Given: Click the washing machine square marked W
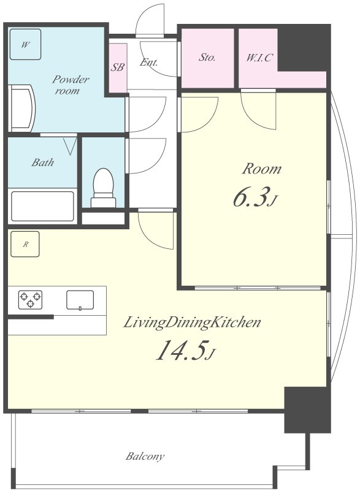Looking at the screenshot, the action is [x=25, y=44].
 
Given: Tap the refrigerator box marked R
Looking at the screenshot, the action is [x=25, y=244].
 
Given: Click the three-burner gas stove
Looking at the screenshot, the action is [x=31, y=300].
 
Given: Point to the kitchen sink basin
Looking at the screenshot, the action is [x=80, y=300].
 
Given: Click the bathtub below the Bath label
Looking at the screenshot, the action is [x=42, y=206].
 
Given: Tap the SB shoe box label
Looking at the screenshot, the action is [x=117, y=67].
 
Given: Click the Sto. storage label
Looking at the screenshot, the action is [x=207, y=57].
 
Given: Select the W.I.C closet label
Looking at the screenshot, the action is [x=259, y=58].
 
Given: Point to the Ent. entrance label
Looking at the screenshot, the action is [x=148, y=62].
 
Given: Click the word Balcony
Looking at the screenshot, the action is [x=145, y=456].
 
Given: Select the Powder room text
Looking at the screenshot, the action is [x=71, y=85].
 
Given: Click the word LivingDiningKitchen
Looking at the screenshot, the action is [x=192, y=322].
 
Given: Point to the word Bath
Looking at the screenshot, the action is [x=43, y=162].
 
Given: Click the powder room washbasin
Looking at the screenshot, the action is [x=21, y=108].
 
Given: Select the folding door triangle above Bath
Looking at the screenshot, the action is [x=71, y=146].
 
